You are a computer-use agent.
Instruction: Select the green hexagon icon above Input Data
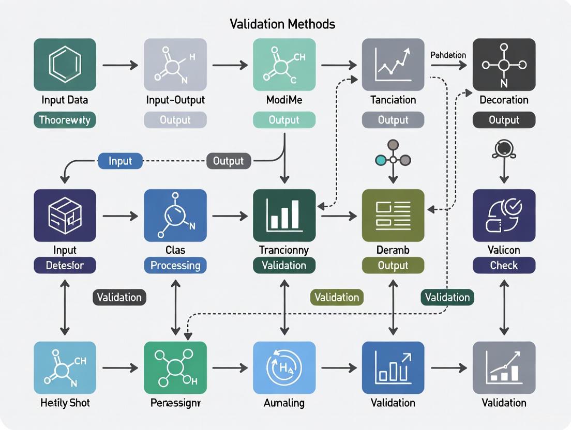65,65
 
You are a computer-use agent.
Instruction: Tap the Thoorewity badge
65,120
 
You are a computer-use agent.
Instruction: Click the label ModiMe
284,100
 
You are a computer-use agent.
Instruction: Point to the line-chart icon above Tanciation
393,65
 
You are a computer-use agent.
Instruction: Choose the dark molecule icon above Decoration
504,65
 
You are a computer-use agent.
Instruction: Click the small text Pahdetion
448,55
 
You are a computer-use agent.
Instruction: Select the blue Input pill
120,161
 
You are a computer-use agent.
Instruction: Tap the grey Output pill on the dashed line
228,161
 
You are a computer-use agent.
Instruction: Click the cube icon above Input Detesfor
65,216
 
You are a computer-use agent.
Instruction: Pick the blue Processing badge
175,265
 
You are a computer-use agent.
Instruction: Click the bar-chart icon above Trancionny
284,216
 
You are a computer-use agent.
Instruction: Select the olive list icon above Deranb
393,216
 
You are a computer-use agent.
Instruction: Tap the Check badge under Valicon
504,265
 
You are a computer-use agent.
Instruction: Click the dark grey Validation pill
119,297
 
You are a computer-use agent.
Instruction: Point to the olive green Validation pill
337,297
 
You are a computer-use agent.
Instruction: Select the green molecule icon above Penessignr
175,367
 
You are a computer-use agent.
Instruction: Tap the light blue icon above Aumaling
284,367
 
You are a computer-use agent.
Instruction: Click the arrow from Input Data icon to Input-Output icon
120,65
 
